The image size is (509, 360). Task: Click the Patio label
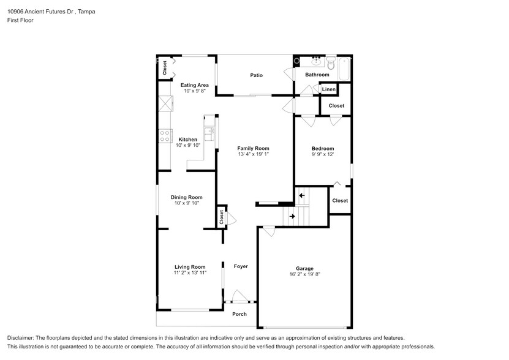(256, 75)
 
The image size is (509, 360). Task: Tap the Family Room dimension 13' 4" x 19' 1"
(253, 154)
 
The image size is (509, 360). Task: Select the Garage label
(304, 268)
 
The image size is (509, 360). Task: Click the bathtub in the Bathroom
(344, 69)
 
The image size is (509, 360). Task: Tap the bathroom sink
(316, 61)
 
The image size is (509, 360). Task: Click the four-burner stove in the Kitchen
(165, 136)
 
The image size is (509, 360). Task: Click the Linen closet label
(329, 89)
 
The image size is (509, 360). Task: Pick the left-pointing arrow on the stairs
(302, 195)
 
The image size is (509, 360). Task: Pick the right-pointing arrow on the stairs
(292, 216)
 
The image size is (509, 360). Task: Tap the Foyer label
(241, 266)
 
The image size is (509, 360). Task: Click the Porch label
(239, 314)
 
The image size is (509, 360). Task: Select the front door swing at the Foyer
(240, 296)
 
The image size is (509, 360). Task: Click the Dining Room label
(187, 197)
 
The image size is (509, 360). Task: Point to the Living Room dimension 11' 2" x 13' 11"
(190, 273)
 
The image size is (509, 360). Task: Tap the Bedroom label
(323, 149)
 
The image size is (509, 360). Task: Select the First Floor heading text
(20, 20)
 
